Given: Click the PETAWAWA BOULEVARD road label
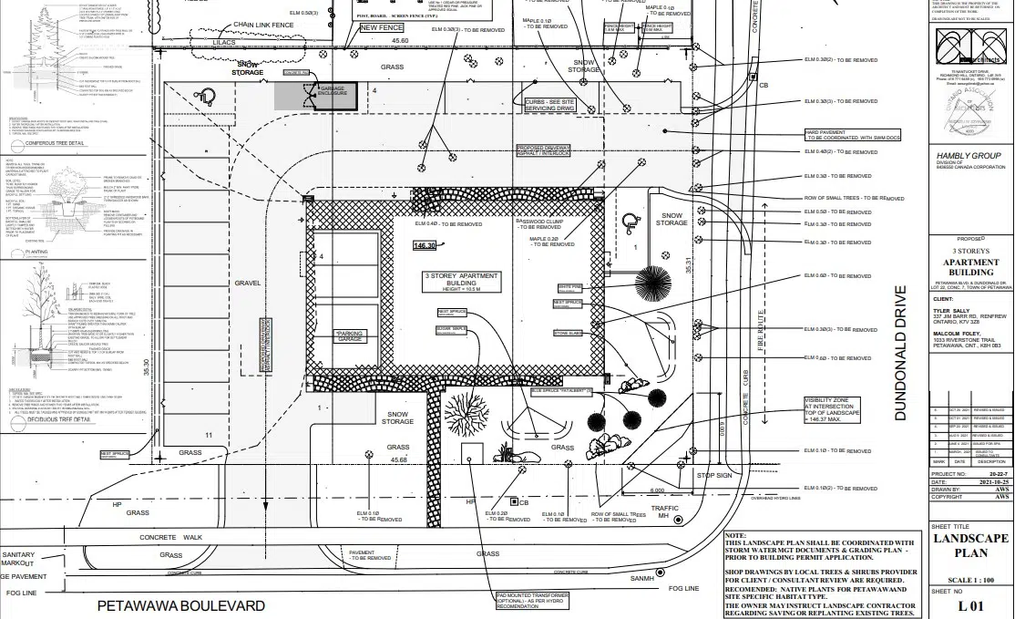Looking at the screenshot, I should [181, 606].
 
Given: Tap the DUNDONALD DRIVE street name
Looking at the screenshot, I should [901, 353].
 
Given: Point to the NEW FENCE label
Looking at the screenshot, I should [381, 28].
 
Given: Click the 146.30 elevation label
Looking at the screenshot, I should [425, 245].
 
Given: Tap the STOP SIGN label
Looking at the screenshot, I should [714, 476].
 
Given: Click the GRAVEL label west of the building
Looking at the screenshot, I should [247, 284].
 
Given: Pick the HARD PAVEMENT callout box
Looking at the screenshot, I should [852, 135].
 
